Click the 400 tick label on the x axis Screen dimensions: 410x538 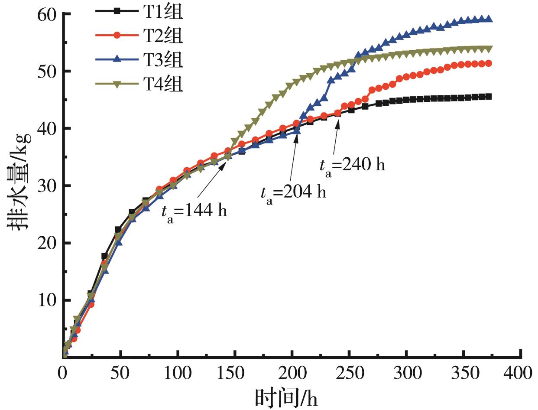point(520,372)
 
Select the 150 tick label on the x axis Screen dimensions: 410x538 point(234,372)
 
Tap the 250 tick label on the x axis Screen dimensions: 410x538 point(349,372)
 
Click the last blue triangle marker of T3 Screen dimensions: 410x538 point(489,19)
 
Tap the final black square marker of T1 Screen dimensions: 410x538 point(489,97)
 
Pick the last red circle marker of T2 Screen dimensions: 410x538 point(489,63)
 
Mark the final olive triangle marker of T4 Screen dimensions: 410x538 point(489,49)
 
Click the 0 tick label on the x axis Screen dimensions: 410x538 point(63,372)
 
